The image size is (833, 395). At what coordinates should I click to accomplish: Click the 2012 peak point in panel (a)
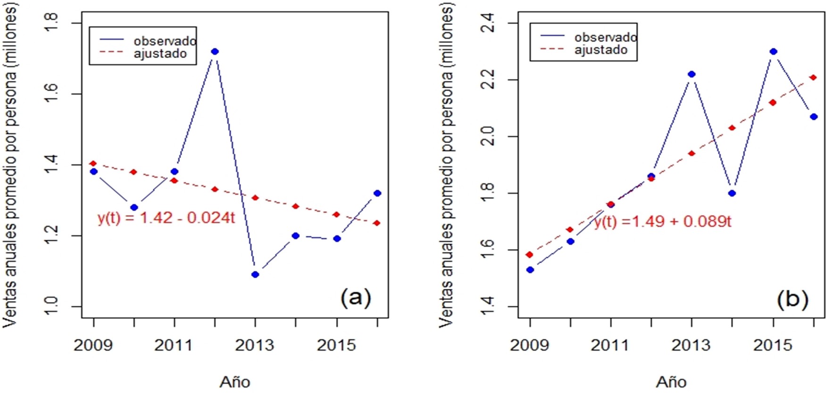tap(215, 51)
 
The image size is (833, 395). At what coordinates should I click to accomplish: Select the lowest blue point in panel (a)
tap(255, 275)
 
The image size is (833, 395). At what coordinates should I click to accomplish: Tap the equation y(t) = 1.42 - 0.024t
tap(166, 218)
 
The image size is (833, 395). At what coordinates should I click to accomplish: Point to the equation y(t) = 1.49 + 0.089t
tap(663, 221)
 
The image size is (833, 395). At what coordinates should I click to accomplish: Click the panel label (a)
tap(356, 298)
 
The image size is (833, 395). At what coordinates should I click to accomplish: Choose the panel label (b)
tap(792, 299)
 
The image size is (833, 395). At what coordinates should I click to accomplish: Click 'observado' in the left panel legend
tap(165, 41)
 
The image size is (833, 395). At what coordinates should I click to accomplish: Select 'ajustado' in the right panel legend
tap(600, 50)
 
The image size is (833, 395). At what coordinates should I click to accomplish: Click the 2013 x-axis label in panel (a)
tap(255, 345)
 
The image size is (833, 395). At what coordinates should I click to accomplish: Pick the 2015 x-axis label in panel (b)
tap(773, 345)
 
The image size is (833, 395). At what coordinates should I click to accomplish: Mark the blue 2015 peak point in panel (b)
tap(773, 51)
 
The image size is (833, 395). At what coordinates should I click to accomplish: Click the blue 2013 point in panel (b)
tap(691, 74)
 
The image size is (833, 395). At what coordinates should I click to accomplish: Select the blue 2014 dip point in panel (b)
tap(732, 193)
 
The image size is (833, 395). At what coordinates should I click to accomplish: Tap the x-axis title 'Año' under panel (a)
tap(235, 382)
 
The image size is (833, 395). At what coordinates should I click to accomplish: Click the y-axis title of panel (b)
tap(446, 165)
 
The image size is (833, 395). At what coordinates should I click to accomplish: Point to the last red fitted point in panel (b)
tap(814, 77)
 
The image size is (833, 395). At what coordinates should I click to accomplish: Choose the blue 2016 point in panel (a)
tap(377, 193)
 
